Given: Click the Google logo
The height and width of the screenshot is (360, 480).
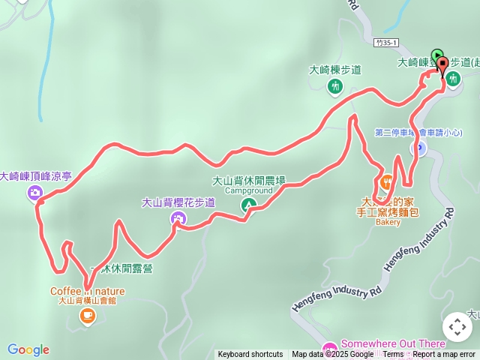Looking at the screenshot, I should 28,349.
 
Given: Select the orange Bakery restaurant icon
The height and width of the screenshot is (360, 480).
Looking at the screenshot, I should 387,182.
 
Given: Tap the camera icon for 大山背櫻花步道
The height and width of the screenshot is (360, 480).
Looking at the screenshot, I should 178,218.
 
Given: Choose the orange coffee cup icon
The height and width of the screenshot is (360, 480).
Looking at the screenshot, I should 87,316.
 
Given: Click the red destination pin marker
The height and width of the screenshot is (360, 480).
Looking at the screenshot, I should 442,65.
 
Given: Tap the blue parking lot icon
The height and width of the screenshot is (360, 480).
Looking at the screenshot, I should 421,148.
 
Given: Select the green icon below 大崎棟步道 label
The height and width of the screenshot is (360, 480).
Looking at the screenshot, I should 334,87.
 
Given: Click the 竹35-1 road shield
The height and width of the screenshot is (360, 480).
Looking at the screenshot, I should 387,44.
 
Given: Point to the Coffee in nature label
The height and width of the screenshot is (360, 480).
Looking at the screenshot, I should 88,291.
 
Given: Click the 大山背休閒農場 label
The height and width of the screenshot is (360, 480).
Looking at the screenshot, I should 249,181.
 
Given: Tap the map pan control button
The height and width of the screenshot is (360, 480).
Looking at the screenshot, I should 457,327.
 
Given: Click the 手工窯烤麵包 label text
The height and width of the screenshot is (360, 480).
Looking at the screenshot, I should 388,212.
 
